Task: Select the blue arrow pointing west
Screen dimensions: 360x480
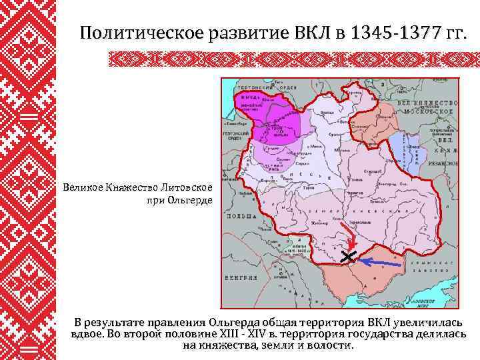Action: [x=380, y=263]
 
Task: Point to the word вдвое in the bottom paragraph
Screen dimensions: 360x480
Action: [x=87, y=334]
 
